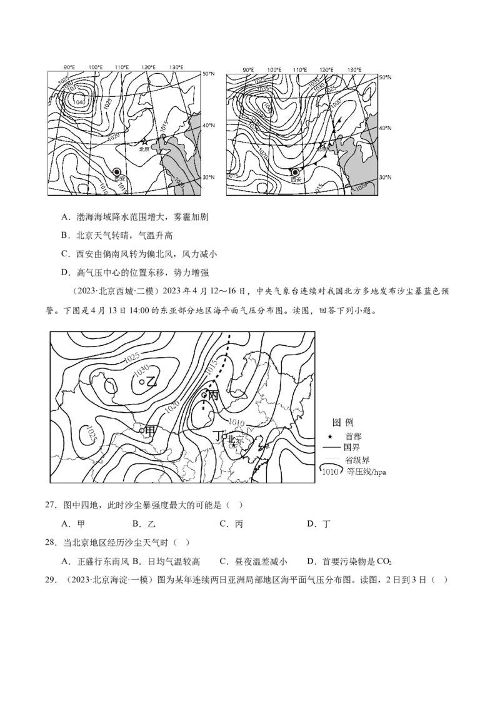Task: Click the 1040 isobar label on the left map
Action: pos(79,102)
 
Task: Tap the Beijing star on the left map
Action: pos(145,143)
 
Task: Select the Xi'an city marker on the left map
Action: pos(117,172)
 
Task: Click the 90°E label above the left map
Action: pos(69,67)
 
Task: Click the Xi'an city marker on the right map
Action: pos(296,173)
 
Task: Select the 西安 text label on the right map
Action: pos(296,180)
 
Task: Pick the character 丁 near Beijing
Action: pos(217,435)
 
